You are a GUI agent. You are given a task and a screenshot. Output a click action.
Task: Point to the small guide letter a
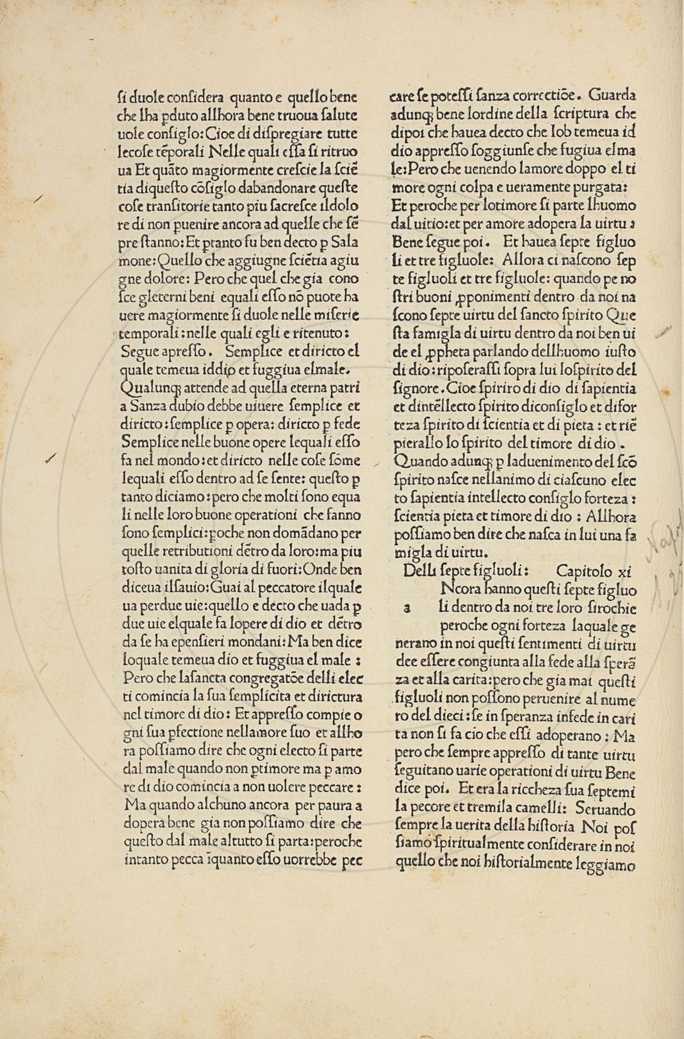[x=407, y=608]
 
